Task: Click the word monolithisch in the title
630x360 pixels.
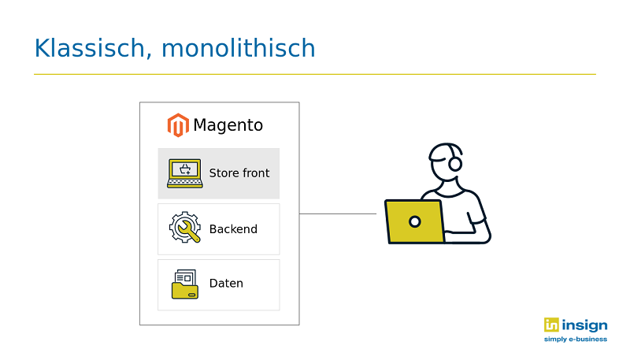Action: [239, 48]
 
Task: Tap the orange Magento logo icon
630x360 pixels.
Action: [178, 125]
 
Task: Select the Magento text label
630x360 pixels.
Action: [228, 125]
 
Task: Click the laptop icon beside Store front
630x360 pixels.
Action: [185, 173]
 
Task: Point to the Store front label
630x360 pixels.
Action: [239, 173]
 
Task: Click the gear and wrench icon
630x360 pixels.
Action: [185, 228]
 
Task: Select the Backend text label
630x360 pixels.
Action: [233, 229]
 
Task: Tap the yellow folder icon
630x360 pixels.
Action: [185, 284]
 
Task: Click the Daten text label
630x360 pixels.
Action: [226, 284]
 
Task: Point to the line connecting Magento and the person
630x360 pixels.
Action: [338, 213]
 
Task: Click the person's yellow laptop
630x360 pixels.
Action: [415, 222]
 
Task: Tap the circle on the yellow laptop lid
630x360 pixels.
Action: [415, 221]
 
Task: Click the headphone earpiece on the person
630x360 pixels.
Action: [455, 164]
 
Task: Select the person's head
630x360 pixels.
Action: [446, 161]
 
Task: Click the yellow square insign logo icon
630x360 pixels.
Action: [551, 325]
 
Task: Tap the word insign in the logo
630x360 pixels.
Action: [584, 325]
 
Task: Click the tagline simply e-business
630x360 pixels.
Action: [576, 339]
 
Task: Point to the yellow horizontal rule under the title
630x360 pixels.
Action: [314, 74]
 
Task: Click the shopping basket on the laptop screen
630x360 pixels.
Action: [185, 169]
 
